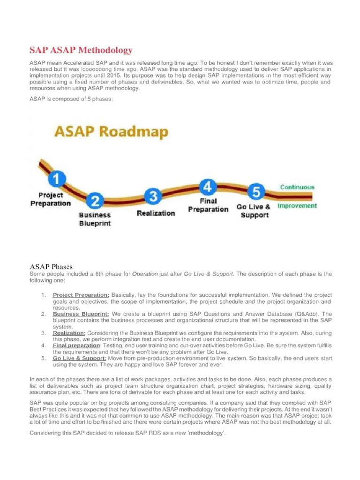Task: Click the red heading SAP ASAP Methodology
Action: click(x=81, y=50)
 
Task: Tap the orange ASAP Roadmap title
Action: click(x=110, y=132)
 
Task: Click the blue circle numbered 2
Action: click(x=96, y=202)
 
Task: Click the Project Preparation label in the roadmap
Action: click(x=51, y=199)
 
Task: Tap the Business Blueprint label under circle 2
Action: click(x=95, y=219)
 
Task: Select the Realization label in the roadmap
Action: click(x=156, y=213)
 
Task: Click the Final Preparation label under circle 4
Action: click(x=208, y=205)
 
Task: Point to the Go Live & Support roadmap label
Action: click(x=254, y=211)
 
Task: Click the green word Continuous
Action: click(x=297, y=187)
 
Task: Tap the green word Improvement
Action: click(x=297, y=206)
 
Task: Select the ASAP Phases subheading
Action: click(x=51, y=266)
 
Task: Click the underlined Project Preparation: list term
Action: click(x=81, y=294)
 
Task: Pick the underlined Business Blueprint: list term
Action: click(x=81, y=314)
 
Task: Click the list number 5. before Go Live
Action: click(x=43, y=358)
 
